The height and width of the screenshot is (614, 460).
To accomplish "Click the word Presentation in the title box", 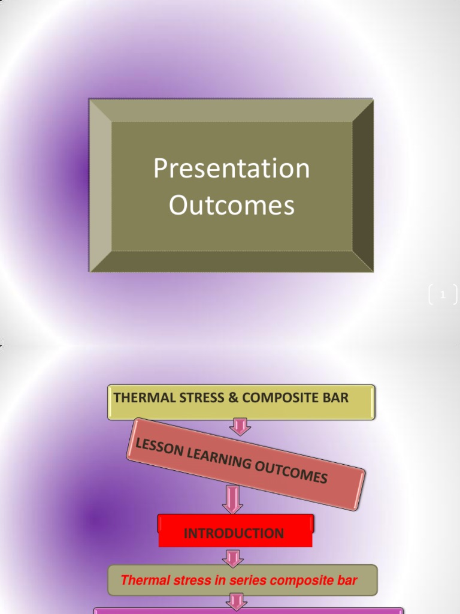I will tap(231, 169).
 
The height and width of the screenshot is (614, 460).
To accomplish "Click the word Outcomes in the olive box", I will tap(231, 205).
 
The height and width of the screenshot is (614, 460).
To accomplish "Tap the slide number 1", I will tap(443, 294).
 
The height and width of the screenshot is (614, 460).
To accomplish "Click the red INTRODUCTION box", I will tap(234, 533).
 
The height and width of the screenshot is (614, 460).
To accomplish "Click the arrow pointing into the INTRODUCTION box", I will tap(232, 499).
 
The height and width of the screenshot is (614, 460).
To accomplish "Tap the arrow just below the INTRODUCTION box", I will tap(232, 558).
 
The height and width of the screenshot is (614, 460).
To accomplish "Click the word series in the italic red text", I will tap(246, 580).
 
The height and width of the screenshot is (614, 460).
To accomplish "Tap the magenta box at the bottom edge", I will tap(249, 611).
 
